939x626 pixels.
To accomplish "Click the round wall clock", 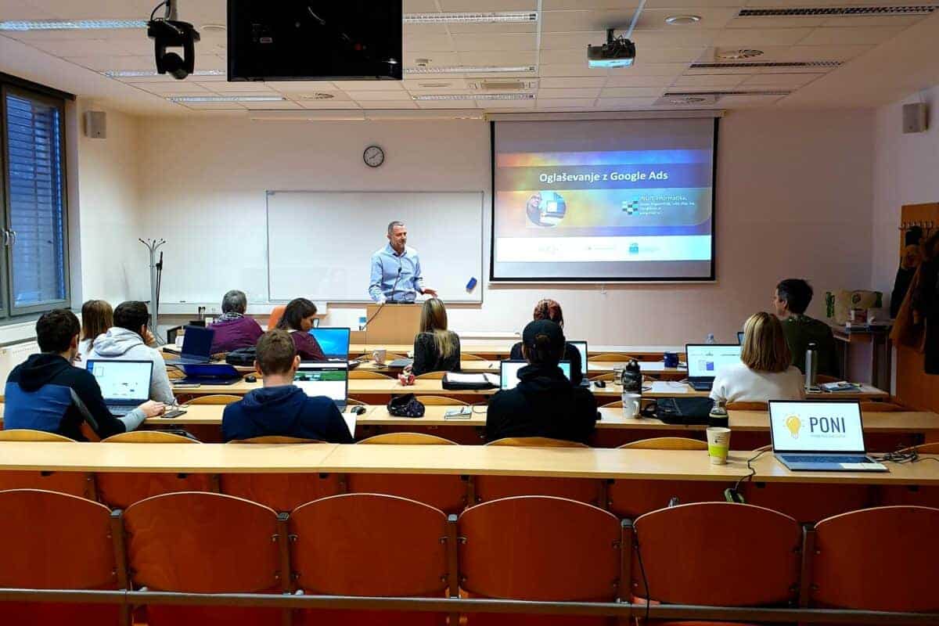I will [x=373, y=156].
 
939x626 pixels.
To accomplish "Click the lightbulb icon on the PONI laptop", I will [x=793, y=425].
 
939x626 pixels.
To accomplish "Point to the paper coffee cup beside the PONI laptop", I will [x=718, y=444].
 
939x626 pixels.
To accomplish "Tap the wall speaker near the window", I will [x=95, y=124].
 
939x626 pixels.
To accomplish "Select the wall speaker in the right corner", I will [x=914, y=117].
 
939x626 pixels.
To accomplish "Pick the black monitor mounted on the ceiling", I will [x=315, y=39].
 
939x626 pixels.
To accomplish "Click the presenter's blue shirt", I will [x=395, y=274].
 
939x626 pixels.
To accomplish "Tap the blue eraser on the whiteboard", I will [x=471, y=284].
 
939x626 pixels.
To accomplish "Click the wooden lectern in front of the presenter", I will [x=394, y=323].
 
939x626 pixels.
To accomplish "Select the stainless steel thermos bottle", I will [x=811, y=365].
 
